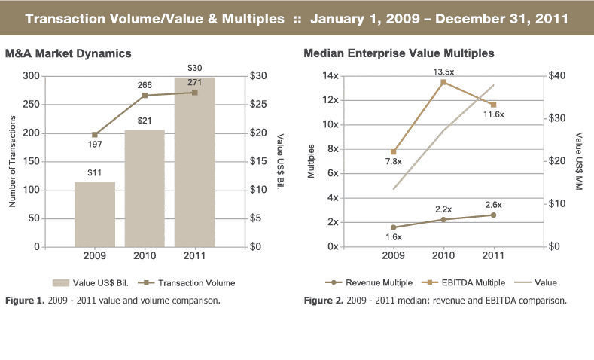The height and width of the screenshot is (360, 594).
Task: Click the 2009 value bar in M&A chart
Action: pos(94,214)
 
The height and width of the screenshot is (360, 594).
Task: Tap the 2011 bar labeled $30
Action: pos(194,161)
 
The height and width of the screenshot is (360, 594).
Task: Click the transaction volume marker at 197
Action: pos(94,135)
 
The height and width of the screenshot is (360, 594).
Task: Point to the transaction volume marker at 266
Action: pos(145,96)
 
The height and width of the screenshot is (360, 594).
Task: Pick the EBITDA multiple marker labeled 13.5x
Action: pos(443,81)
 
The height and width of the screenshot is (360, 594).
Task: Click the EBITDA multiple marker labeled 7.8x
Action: pos(393,151)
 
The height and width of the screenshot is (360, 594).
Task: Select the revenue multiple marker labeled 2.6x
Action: pos(493,215)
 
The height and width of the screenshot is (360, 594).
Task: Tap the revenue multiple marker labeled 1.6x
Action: pos(393,227)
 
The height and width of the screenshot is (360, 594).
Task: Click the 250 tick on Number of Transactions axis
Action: pos(31,105)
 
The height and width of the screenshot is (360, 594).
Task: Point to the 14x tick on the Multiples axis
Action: pos(330,76)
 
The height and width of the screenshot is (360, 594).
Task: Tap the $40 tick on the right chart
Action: pos(558,76)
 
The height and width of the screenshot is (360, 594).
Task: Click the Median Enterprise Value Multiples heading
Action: pos(398,53)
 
